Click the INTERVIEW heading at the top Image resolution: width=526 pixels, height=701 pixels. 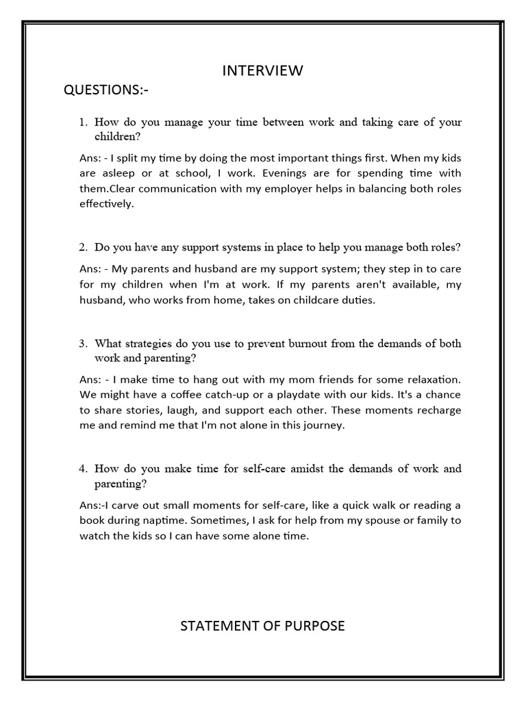[263, 71]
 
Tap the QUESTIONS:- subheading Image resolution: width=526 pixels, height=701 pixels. [105, 91]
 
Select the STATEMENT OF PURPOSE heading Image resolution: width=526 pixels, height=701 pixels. [263, 626]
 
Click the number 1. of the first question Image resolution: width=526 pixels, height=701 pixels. [83, 123]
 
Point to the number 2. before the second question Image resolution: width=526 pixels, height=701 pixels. [83, 246]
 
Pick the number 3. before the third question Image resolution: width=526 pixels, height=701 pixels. [83, 344]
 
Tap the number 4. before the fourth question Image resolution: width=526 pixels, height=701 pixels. [83, 469]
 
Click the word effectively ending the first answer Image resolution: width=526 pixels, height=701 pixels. [107, 203]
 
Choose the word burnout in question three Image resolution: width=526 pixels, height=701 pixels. [303, 344]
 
